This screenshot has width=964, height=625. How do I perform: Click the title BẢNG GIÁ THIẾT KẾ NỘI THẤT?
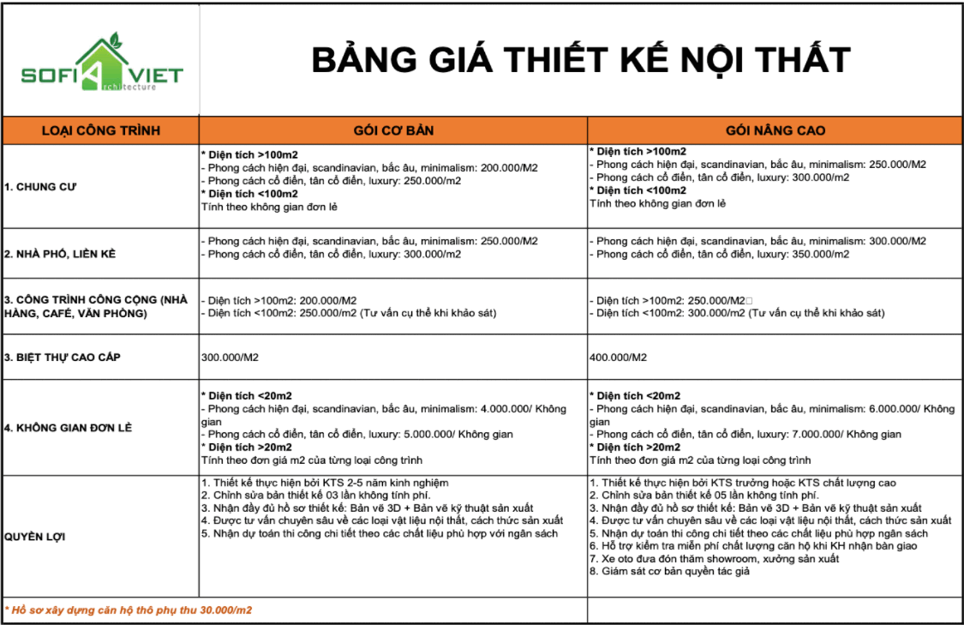(x=580, y=60)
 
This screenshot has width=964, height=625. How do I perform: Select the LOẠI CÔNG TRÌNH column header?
(x=101, y=130)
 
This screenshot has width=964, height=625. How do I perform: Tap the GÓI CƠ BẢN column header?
(x=393, y=130)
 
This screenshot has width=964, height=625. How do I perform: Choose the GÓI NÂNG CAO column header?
(x=775, y=130)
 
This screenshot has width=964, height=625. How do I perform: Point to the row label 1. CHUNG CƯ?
(x=41, y=186)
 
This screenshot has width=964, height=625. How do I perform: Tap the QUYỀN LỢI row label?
(x=35, y=537)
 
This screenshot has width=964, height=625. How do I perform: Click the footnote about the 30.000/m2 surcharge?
(x=129, y=610)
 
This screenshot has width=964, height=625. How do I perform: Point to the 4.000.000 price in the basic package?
(x=503, y=409)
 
